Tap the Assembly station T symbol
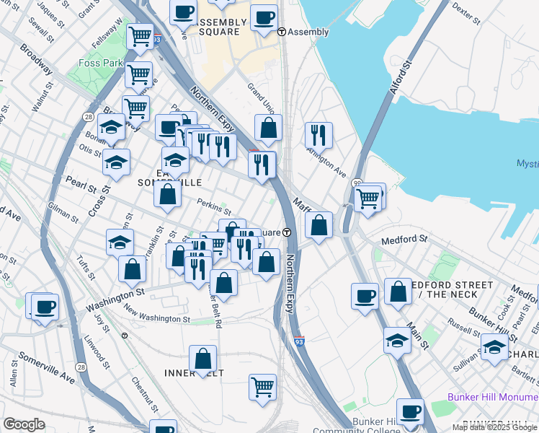[x=282, y=32]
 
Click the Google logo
[x=24, y=424]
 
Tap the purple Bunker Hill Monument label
[x=493, y=397]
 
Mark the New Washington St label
[x=156, y=314]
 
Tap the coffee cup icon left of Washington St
[x=44, y=306]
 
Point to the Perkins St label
[x=213, y=208]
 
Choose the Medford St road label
[x=404, y=239]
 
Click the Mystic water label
[x=527, y=164]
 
